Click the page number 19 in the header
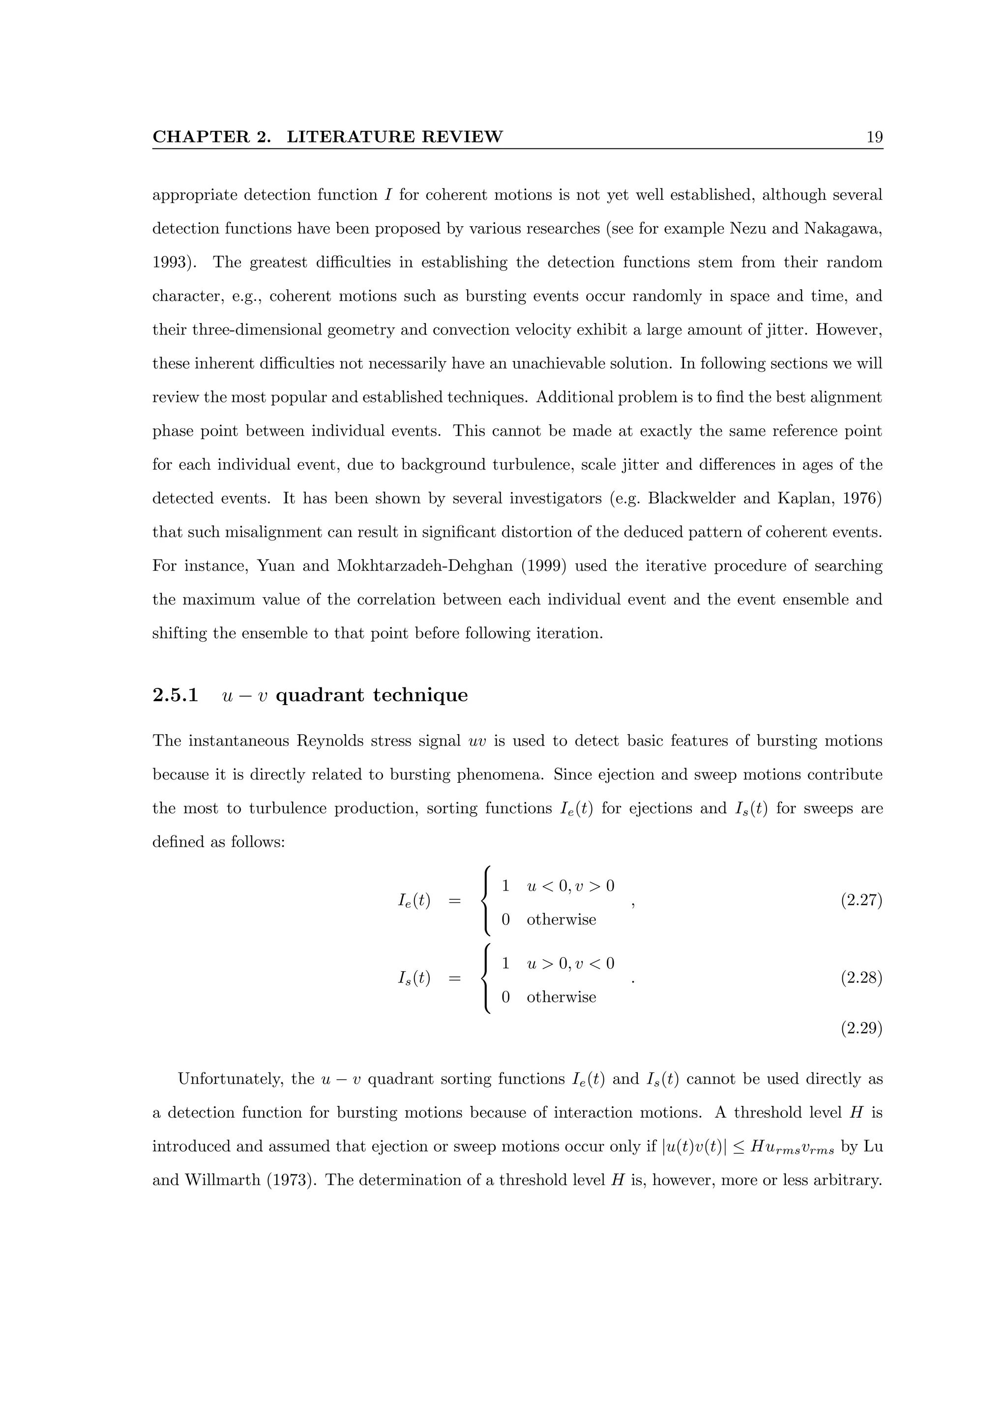874,137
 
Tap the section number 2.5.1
175,695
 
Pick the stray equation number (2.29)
861,1029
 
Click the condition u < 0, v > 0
570,886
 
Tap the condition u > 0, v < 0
570,964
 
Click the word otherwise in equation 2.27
561,920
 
